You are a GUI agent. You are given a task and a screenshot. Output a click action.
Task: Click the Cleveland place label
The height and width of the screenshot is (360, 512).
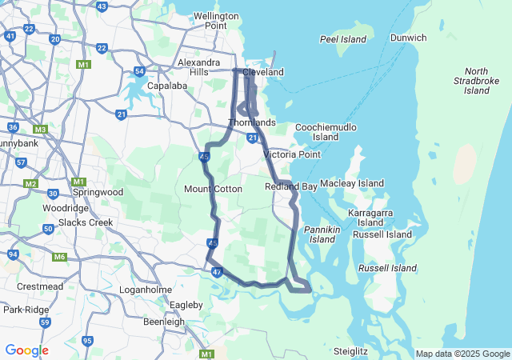[x=263, y=72]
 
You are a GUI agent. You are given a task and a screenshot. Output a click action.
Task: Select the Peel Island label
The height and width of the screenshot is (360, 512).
[x=342, y=39]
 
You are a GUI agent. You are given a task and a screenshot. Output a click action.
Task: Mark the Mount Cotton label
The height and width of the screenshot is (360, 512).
[x=213, y=189]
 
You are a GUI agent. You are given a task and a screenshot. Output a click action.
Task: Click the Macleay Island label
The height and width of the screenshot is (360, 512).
[x=352, y=184]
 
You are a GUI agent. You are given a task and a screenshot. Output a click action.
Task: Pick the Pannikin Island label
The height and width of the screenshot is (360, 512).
[x=322, y=234]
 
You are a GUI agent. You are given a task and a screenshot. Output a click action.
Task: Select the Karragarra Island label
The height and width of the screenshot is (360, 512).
[x=370, y=218]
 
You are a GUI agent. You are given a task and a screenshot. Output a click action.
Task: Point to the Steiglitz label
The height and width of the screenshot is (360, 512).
[x=350, y=350]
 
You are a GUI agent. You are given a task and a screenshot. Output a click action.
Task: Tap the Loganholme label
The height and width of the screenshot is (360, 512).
[x=141, y=289]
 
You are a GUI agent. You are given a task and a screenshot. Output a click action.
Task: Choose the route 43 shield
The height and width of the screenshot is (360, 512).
[x=102, y=6]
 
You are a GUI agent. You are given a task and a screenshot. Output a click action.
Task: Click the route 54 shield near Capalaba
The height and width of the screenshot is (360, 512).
[x=139, y=71]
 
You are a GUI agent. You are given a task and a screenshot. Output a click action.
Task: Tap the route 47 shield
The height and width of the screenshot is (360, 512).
[x=217, y=273]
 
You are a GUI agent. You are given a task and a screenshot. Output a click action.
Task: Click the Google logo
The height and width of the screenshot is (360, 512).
[x=26, y=350]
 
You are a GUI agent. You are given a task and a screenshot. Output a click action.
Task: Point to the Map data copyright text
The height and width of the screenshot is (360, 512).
[x=462, y=354]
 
